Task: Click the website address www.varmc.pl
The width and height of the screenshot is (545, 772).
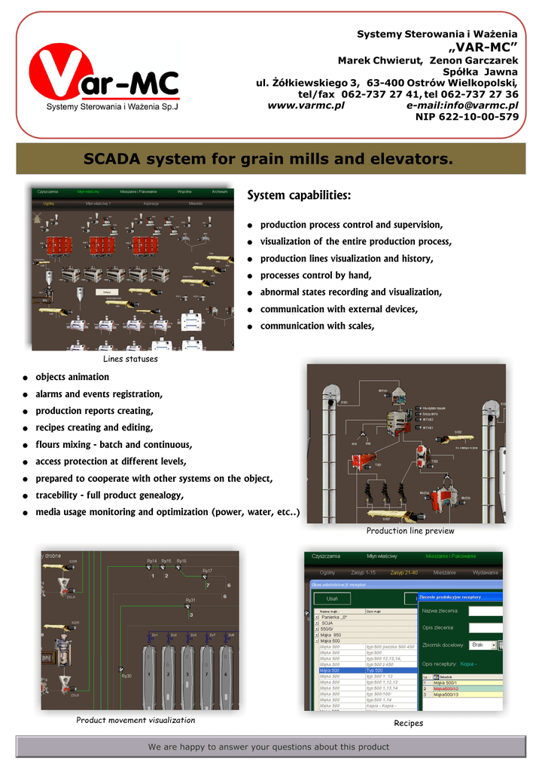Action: [306, 106]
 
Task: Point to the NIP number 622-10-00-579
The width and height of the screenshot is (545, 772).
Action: [467, 117]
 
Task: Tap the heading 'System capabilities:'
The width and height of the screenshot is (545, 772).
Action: [299, 196]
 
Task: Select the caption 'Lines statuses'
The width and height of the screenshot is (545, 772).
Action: [130, 359]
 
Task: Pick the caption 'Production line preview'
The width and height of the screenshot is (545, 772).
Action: [410, 531]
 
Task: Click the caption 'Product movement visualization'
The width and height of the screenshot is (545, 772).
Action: [135, 720]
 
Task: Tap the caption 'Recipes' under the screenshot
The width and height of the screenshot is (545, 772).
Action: [409, 723]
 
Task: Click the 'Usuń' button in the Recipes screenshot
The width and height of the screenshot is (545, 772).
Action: [331, 598]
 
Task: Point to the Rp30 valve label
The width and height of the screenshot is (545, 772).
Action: [126, 676]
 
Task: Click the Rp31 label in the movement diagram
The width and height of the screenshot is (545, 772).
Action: [190, 601]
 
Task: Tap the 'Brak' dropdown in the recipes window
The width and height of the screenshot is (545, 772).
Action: [480, 645]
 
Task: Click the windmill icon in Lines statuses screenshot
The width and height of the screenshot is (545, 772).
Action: [34, 216]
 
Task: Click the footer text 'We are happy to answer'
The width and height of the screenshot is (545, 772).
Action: [269, 747]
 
